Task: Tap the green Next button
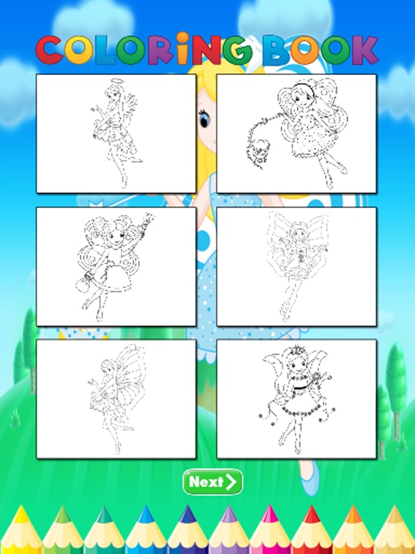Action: click(x=212, y=482)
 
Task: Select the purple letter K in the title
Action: click(x=364, y=50)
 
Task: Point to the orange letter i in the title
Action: click(x=183, y=48)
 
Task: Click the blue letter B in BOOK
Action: click(x=278, y=50)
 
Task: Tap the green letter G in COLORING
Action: click(x=237, y=50)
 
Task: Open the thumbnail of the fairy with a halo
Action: click(x=116, y=134)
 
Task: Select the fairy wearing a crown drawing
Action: click(x=296, y=399)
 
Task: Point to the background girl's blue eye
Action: click(x=205, y=119)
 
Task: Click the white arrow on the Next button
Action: click(x=231, y=482)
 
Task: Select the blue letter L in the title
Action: click(x=105, y=50)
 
